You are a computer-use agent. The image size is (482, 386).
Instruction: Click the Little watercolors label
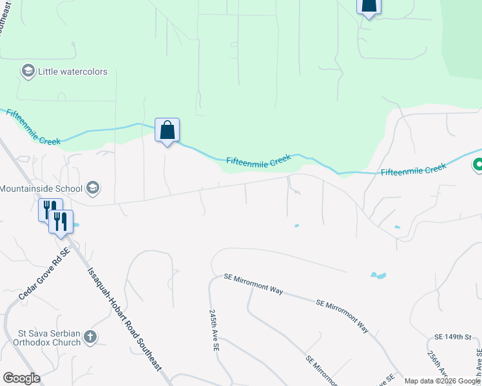pos(72,71)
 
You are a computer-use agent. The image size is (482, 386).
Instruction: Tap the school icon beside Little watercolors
pos(28,71)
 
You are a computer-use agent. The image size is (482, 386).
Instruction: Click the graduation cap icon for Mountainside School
pos(92,188)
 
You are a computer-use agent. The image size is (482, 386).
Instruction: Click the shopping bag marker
pos(167,131)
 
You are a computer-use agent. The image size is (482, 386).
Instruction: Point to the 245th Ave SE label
pos(213,329)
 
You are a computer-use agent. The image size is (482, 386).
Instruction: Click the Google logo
pos(21,378)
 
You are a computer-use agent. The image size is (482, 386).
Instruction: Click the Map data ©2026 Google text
pos(441,381)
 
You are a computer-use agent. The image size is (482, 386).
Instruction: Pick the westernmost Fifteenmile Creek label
pos(33,127)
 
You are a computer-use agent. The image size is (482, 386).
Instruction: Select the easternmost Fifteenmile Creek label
pos(413,170)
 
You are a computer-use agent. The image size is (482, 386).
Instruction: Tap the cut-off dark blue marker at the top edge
pos(369,6)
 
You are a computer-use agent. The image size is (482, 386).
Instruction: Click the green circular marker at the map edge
pos(478,165)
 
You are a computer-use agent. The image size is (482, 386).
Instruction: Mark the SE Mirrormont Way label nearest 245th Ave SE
pos(254,284)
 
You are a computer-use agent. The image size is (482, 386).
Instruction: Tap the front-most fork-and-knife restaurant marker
pos(60,222)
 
